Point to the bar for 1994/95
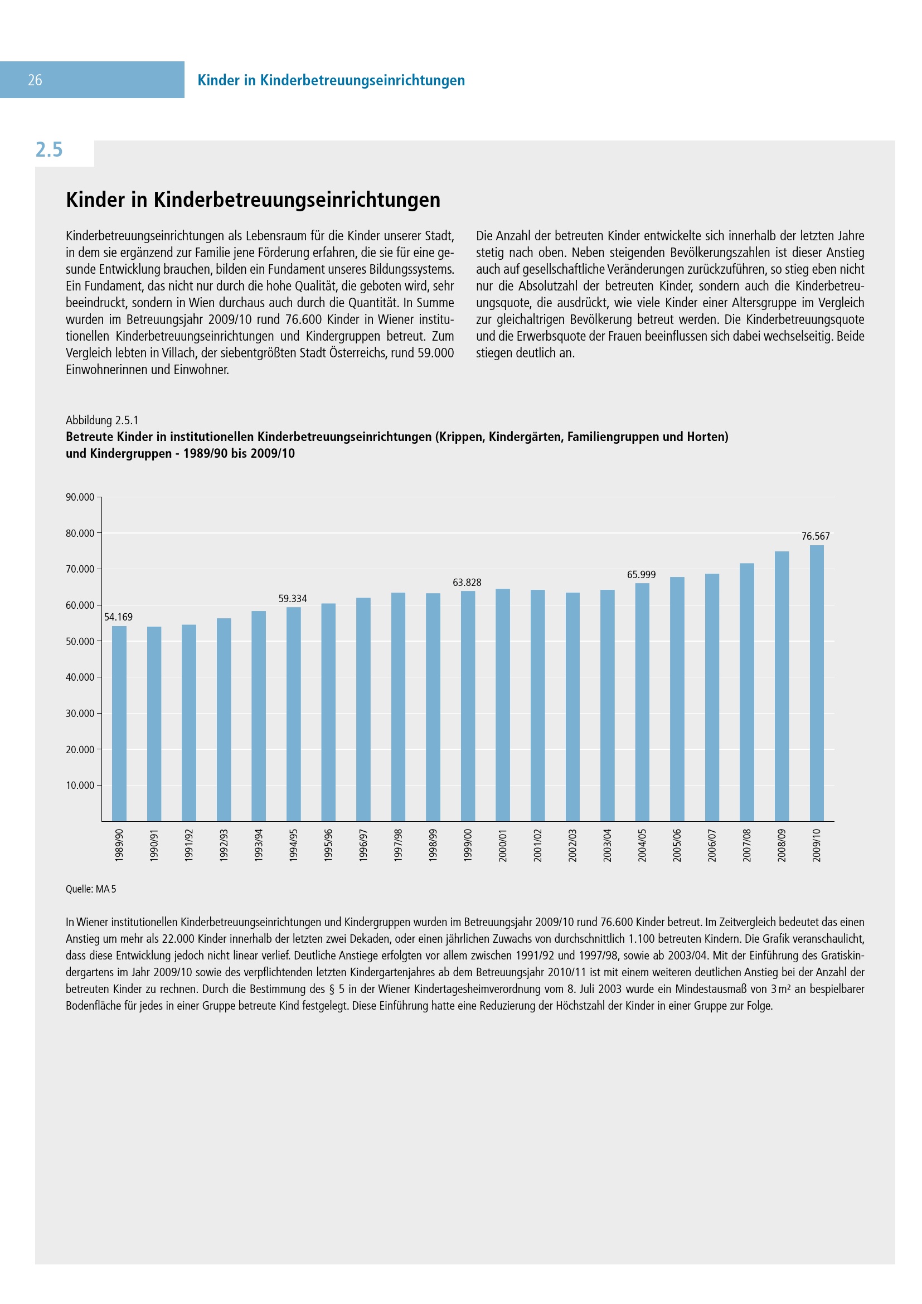[x=294, y=714]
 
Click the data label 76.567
[x=816, y=536]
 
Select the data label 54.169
[x=118, y=617]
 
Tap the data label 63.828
[x=467, y=582]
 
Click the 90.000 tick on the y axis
[x=80, y=497]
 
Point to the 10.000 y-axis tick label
[x=80, y=786]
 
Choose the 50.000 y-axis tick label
[x=80, y=641]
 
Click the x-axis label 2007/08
[x=747, y=845]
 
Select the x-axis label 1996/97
[x=363, y=845]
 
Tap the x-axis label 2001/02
[x=537, y=845]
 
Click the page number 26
[x=35, y=80]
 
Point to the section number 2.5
[x=49, y=150]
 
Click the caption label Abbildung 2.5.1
[x=102, y=420]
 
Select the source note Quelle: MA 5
[x=91, y=889]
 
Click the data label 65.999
[x=641, y=575]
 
